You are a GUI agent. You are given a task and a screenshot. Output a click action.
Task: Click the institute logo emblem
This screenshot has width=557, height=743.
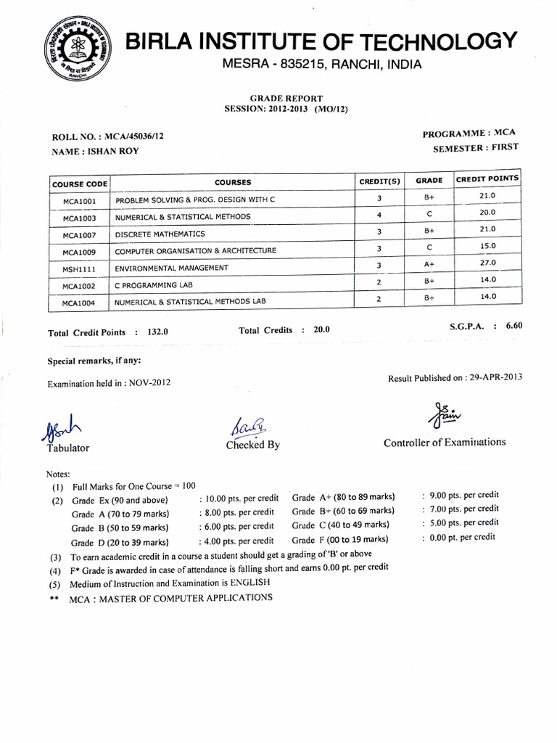point(73,48)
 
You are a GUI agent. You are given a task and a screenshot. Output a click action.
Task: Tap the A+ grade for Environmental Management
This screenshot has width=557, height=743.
point(429,265)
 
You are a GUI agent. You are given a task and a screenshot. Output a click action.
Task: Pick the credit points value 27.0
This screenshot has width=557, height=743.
point(487,263)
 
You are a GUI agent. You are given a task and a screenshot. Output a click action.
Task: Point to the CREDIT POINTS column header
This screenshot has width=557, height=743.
point(487,178)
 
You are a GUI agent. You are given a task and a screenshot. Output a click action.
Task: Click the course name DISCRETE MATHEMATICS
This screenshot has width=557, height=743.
point(160,234)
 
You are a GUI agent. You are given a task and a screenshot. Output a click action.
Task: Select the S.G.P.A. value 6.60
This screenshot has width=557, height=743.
point(513,326)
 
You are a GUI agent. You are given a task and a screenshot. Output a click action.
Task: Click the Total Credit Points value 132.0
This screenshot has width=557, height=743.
point(157,332)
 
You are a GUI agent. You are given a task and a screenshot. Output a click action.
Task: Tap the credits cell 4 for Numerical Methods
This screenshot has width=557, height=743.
point(379,215)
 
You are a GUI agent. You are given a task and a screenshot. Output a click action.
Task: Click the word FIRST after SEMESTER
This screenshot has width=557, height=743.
point(505,147)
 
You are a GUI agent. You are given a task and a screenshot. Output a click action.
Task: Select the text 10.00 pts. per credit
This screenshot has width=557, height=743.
point(239,498)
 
